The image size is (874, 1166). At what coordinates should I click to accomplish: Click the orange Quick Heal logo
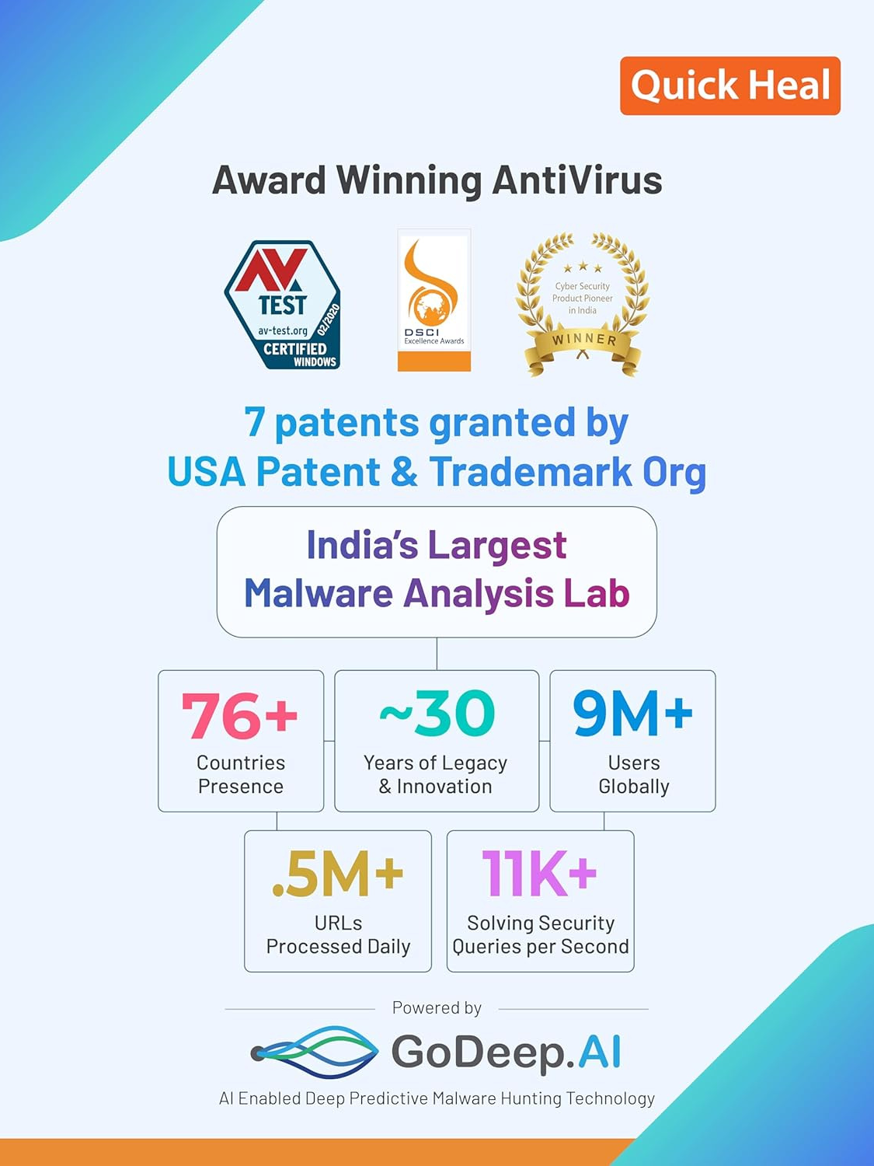(729, 86)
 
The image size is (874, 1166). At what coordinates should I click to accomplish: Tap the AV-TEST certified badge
(283, 305)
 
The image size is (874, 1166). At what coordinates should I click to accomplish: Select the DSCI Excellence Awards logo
(434, 300)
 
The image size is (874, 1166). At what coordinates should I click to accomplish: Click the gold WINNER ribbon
(583, 345)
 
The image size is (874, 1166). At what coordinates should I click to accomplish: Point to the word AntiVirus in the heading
(576, 180)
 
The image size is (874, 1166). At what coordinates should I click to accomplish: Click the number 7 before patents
(254, 422)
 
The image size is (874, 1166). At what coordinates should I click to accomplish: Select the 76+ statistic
(239, 714)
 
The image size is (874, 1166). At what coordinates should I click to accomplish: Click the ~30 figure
(437, 714)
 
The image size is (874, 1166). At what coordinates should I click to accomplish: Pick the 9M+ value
(632, 714)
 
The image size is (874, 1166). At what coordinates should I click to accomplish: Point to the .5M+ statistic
(337, 874)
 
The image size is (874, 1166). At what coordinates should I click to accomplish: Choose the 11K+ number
(539, 873)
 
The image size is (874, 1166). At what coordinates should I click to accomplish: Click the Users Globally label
(634, 774)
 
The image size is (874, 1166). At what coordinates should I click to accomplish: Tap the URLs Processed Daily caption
(338, 935)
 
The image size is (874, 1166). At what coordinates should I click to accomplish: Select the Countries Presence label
(241, 774)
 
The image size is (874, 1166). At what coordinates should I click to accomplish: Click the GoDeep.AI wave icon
(315, 1053)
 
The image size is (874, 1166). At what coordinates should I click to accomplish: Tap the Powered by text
(437, 1007)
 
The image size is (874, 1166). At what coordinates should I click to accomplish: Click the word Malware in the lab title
(319, 593)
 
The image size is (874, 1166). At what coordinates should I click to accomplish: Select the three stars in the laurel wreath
(583, 266)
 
